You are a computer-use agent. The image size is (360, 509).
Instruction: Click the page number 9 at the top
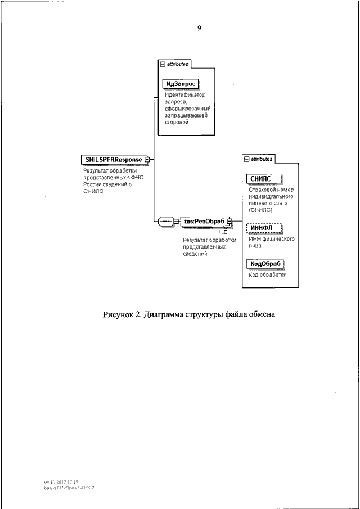pyautogui.click(x=199, y=28)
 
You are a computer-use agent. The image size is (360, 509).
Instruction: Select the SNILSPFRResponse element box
pyautogui.click(x=113, y=159)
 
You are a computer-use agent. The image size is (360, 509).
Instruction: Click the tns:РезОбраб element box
pyautogui.click(x=204, y=221)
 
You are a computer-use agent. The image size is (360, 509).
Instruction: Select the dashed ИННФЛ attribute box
pyautogui.click(x=264, y=228)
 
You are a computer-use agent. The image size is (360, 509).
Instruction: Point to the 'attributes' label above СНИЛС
pyautogui.click(x=262, y=159)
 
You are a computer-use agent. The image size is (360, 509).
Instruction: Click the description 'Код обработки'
pyautogui.click(x=267, y=275)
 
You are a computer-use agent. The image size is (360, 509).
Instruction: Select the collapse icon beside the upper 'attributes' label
pyautogui.click(x=163, y=65)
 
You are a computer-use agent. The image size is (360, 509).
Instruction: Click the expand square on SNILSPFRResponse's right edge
pyautogui.click(x=147, y=159)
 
